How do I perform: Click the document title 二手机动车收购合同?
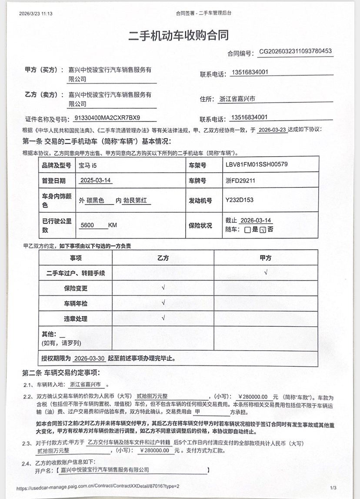pos(179,35)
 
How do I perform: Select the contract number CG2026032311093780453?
pos(296,51)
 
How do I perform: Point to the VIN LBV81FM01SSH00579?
pos(257,164)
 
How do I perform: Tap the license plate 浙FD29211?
pos(240,181)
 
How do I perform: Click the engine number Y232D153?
pos(239,200)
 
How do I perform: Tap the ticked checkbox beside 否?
pos(262,230)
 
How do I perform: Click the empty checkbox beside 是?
pos(247,230)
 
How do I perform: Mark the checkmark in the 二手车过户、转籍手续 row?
pos(265,273)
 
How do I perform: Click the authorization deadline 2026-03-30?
pos(89,358)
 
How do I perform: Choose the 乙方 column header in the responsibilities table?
pos(163,258)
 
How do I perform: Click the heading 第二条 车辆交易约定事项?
pos(61,373)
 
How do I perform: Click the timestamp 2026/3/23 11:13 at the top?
pos(36,13)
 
